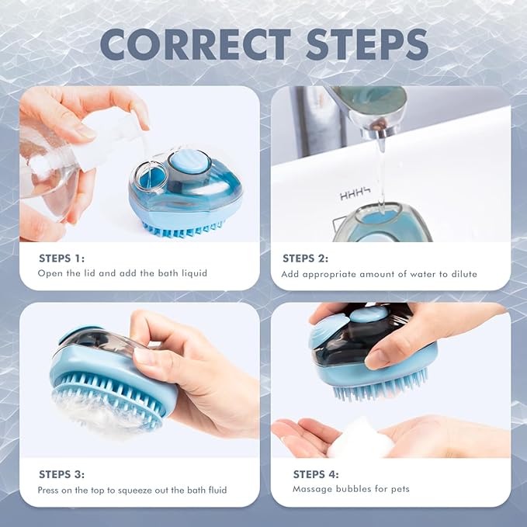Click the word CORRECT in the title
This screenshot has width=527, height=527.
196,44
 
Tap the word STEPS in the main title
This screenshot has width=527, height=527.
367,44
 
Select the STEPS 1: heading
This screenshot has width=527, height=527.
62,258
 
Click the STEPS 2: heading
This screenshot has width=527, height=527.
306,258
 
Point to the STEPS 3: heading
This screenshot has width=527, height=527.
62,474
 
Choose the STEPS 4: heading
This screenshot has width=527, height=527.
316,474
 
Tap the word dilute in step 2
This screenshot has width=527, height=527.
464,274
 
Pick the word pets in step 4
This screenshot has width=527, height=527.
400,489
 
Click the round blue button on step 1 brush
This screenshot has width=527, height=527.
189,161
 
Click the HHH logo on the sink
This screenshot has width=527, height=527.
355,194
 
